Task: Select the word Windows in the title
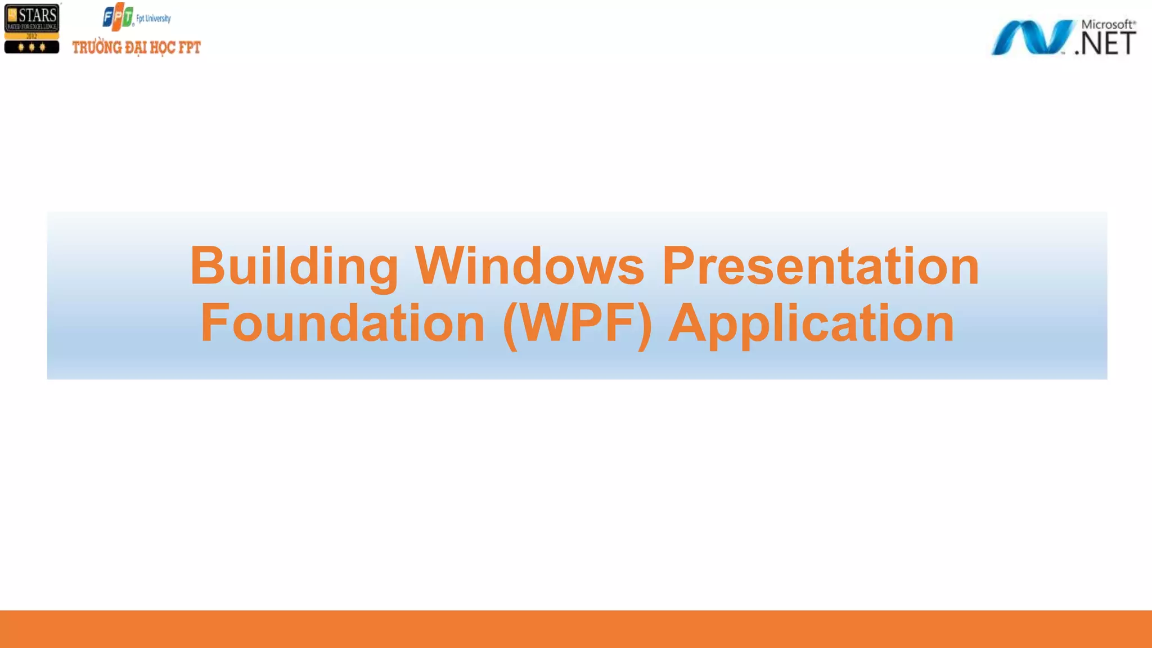pos(529,267)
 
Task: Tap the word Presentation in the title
pos(821,267)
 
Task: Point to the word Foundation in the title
pos(342,323)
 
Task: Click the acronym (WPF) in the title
pos(577,324)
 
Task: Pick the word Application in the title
pos(811,324)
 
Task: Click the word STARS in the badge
pos(37,15)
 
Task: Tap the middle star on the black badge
pos(31,47)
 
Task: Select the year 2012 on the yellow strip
pos(31,36)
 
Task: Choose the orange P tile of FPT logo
pos(119,17)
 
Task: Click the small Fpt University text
pos(154,19)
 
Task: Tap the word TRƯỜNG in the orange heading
pos(97,48)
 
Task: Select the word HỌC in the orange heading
pos(163,48)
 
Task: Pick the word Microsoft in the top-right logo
pos(1107,24)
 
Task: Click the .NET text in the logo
pos(1105,44)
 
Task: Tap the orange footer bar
pos(576,629)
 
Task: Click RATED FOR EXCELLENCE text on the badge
pos(31,26)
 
